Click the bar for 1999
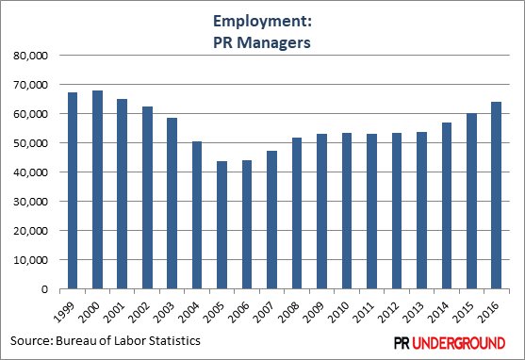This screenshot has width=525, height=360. pos(73,191)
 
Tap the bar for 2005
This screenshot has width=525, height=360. pos(222,225)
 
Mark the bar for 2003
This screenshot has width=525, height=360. pos(172,204)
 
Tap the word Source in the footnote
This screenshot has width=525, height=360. pos(33,339)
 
